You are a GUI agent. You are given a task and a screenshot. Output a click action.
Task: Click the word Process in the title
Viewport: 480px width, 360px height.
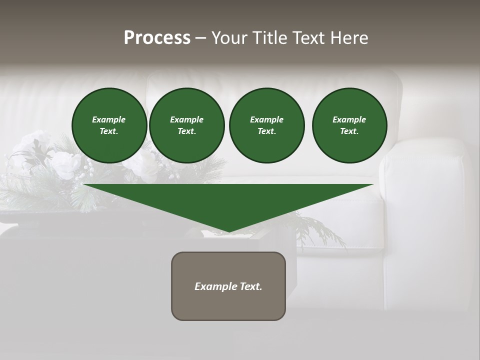[x=157, y=38]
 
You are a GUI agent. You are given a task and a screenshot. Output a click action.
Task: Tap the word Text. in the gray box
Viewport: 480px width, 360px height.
[x=251, y=286]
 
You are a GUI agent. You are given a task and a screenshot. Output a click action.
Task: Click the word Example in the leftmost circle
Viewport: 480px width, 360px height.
[x=109, y=119]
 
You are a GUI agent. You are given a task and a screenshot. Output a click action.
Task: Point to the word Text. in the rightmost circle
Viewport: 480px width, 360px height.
[x=349, y=131]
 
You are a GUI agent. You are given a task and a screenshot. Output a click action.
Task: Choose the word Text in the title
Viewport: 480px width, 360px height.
[x=308, y=38]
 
